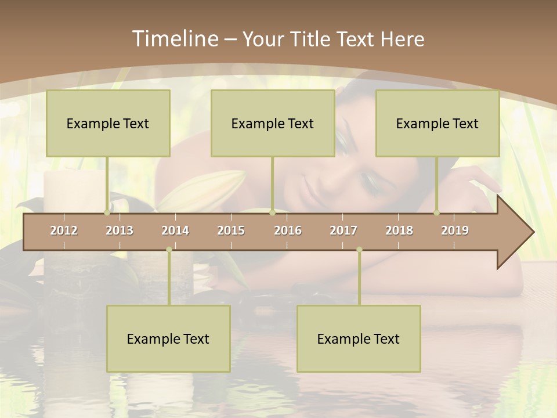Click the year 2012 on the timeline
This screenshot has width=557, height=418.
click(64, 230)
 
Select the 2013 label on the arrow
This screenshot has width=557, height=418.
click(120, 230)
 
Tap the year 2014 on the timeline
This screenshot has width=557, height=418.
click(175, 230)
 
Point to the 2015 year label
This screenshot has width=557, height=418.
click(231, 230)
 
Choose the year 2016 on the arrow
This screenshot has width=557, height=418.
click(288, 230)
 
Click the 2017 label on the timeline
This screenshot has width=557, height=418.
click(343, 230)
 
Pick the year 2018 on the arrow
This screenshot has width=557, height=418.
click(399, 230)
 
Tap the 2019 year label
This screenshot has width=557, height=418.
click(455, 230)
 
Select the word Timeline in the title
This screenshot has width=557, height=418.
click(175, 39)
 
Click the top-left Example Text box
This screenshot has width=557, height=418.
click(108, 123)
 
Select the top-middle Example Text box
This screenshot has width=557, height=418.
click(273, 123)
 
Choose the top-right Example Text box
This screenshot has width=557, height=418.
click(437, 123)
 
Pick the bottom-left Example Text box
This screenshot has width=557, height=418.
click(168, 338)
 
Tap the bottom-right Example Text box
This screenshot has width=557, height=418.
click(359, 338)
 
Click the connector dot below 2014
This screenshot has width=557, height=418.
click(169, 250)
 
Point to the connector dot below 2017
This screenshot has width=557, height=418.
click(359, 250)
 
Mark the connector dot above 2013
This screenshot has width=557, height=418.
click(107, 213)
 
